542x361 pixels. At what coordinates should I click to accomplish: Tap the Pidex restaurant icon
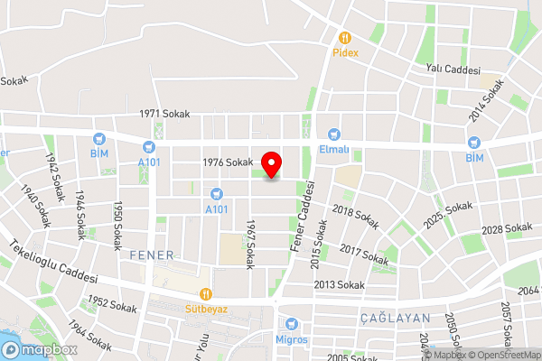tap(343, 38)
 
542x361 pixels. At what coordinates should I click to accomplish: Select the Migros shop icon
tap(290, 323)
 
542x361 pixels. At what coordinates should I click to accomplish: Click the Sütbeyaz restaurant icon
tap(206, 292)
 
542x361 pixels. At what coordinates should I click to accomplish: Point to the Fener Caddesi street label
tap(302, 216)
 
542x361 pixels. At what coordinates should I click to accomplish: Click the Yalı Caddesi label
tap(453, 69)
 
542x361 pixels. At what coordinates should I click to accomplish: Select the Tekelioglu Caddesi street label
tap(53, 261)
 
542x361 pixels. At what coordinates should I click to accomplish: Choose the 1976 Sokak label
tap(227, 162)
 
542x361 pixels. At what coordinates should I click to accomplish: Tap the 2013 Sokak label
tap(339, 285)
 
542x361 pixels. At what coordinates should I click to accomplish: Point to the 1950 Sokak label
tap(117, 226)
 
